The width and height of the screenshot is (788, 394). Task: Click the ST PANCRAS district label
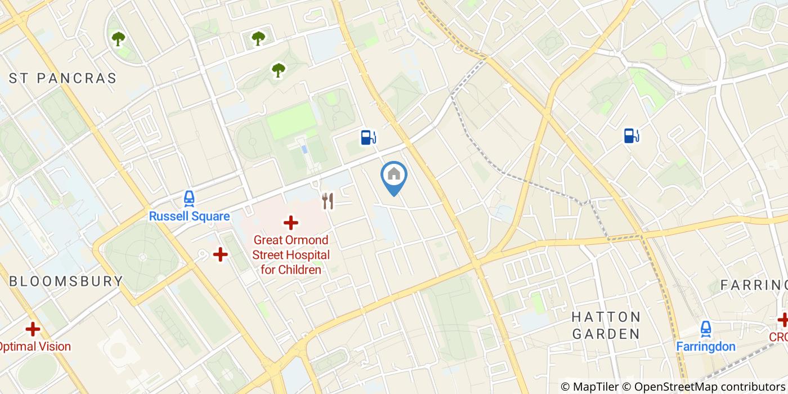63,78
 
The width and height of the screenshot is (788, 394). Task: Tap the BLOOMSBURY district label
66,281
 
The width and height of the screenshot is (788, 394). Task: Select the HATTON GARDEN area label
606,325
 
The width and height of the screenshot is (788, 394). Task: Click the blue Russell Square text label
189,216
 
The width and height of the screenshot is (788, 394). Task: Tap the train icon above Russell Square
189,198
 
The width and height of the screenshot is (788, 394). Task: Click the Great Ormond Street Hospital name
290,255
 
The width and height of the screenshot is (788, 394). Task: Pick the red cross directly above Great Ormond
290,223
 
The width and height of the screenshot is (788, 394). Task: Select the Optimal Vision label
35,346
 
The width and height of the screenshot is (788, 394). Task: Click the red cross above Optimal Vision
33,329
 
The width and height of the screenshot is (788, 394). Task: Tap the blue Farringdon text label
706,346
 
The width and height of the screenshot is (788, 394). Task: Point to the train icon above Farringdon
706,328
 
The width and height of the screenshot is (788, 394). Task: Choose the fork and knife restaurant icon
328,201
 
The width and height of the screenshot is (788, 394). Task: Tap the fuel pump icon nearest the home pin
368,137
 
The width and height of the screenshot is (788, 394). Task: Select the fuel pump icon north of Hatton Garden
632,135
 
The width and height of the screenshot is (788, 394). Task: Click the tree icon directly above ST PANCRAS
118,39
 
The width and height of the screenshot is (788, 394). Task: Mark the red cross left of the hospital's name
220,255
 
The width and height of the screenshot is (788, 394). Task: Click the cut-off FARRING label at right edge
754,285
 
